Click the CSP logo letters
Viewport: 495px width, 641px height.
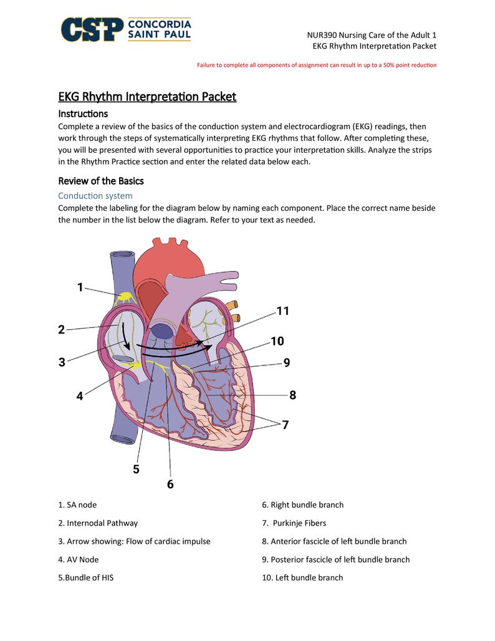coord(92,29)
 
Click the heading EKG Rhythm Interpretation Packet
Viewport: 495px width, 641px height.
coord(147,97)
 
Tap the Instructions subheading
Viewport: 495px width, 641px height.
coord(83,113)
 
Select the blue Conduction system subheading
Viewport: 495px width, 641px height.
coord(95,196)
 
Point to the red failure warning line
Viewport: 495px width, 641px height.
coord(317,65)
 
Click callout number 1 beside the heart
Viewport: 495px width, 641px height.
coord(80,287)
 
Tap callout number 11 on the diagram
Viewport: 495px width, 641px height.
coord(282,311)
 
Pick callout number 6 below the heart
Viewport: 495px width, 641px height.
coord(170,484)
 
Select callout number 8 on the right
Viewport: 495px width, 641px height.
coord(292,395)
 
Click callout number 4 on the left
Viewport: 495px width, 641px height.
coord(80,395)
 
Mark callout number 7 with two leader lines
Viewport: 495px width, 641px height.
coord(285,425)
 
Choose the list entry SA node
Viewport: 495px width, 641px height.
coord(77,504)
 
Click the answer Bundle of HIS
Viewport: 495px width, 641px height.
coord(86,577)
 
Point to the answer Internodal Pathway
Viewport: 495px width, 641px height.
coord(98,523)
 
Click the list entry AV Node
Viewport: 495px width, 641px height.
coord(79,559)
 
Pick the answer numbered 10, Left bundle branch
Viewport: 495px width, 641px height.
coord(302,577)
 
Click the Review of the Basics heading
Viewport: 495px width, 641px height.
coord(101,181)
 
